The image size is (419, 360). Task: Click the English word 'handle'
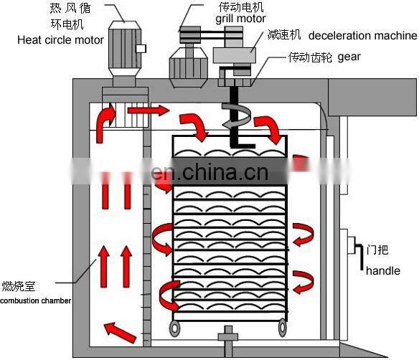click(382, 272)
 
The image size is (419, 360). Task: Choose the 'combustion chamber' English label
click(35, 300)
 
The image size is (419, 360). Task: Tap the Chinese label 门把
click(377, 251)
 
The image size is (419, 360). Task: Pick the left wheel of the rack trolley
click(175, 328)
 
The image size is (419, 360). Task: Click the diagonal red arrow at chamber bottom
click(119, 331)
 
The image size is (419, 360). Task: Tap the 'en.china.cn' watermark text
click(209, 173)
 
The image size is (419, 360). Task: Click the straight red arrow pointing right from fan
click(151, 110)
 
